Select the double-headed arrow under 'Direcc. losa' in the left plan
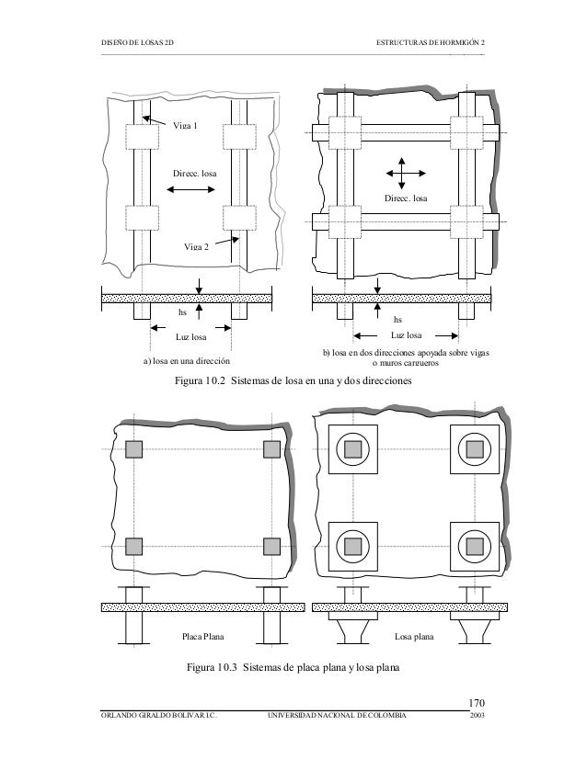(x=191, y=190)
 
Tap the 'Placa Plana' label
(x=202, y=635)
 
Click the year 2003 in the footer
(x=478, y=715)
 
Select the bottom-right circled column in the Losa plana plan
(x=475, y=546)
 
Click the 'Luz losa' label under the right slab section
(x=406, y=334)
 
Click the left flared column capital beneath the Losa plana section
(x=352, y=629)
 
